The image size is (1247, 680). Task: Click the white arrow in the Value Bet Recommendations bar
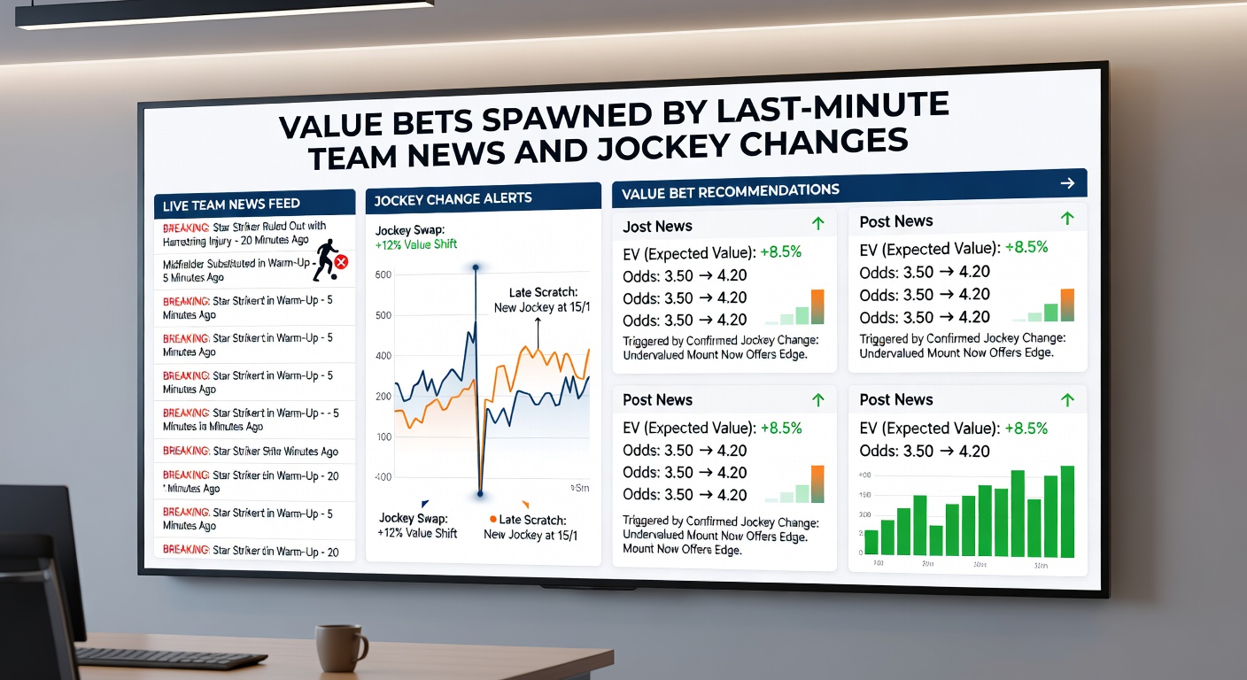coord(1067,183)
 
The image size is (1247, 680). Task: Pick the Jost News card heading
coord(657,227)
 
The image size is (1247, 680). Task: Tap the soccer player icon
coord(324,259)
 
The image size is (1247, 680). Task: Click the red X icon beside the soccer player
coord(341,262)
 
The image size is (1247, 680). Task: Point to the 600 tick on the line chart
coord(383,275)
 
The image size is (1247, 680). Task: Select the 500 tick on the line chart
coord(383,316)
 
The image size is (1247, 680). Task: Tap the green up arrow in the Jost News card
coord(817,223)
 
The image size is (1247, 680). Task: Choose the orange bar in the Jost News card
coord(817,306)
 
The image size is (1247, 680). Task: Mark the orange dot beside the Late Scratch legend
coord(492,520)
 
